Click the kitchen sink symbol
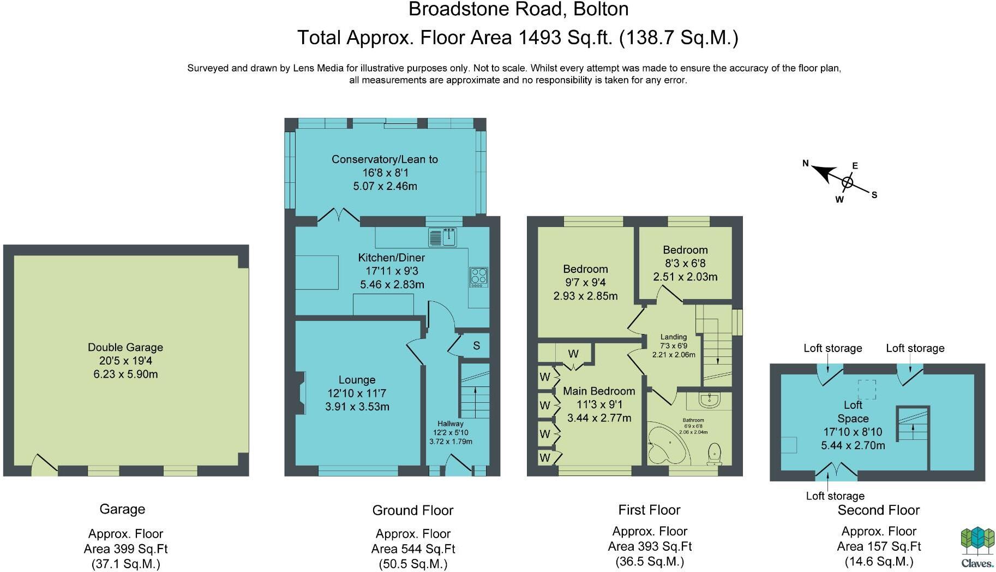[x=443, y=237]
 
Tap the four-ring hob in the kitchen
[x=479, y=277]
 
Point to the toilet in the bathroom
[x=714, y=454]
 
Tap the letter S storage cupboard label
[x=476, y=345]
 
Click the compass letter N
[x=805, y=163]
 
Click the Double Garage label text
[x=125, y=348]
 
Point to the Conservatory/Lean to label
[x=385, y=159]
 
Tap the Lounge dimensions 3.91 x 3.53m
[x=357, y=407]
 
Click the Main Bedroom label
[x=599, y=391]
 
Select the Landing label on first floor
[x=674, y=337]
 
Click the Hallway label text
[x=451, y=424]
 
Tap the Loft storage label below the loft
[x=835, y=496]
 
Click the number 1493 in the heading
[x=539, y=38]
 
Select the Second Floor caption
[x=879, y=510]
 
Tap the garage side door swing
[x=44, y=463]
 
